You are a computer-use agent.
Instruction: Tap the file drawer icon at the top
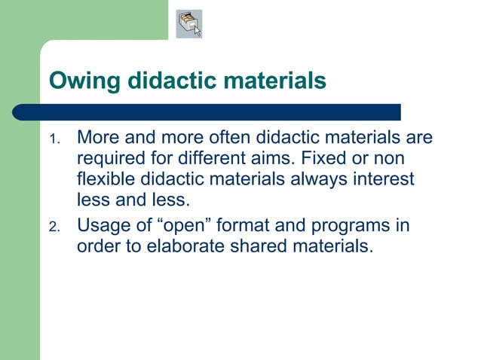(189, 23)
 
